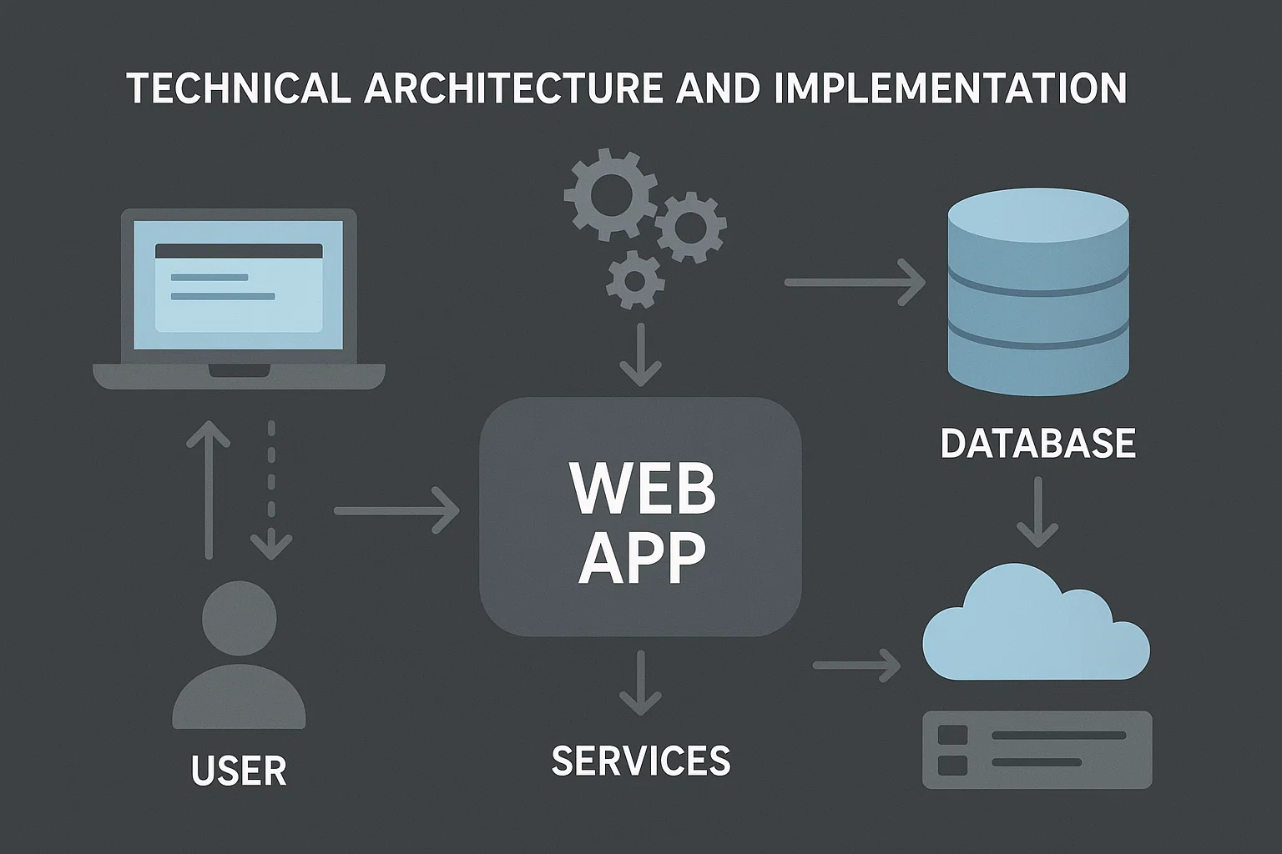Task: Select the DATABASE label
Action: click(1037, 443)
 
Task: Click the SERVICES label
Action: click(641, 760)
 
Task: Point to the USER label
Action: click(239, 770)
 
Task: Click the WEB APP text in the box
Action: click(641, 523)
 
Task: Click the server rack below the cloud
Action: click(1037, 749)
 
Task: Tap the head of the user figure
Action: click(240, 618)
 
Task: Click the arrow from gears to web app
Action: click(640, 354)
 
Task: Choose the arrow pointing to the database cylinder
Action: click(855, 283)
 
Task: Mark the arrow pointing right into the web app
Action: click(396, 510)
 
